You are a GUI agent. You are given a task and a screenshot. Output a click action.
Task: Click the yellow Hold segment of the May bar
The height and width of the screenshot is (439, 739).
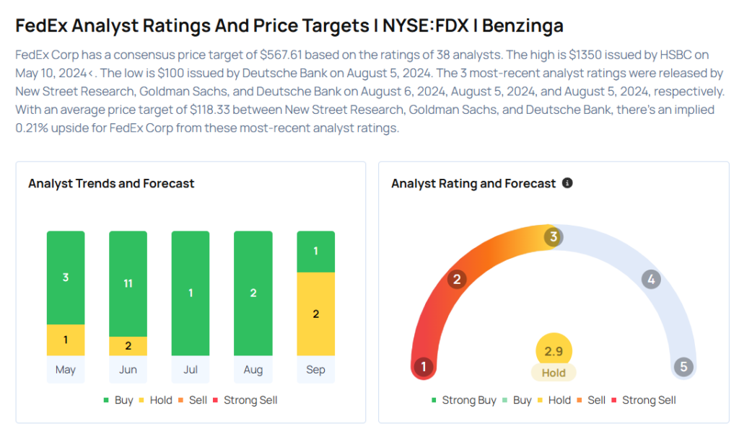tap(66, 340)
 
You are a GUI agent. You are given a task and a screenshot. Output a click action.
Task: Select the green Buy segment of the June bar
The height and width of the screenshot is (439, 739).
tap(128, 283)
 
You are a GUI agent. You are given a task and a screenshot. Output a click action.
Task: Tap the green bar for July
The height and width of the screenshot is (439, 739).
tap(191, 293)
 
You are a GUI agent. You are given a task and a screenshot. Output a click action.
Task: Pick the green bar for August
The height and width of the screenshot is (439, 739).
tap(253, 293)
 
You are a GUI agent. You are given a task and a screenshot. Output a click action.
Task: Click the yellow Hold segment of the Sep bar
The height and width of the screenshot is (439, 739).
tap(315, 314)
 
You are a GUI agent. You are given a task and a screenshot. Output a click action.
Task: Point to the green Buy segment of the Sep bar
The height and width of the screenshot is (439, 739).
tap(315, 252)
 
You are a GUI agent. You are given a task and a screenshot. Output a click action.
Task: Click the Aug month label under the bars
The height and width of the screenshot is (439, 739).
tap(253, 370)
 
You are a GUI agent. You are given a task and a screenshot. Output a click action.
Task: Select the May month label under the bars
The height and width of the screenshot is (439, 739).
tap(66, 370)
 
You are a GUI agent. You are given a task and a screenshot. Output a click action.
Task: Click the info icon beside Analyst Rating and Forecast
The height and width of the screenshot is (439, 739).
tap(567, 183)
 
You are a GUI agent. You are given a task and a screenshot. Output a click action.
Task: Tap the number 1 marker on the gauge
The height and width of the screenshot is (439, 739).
tap(424, 367)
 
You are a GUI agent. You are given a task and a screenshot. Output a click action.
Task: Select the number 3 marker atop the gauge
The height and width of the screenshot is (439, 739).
tap(554, 236)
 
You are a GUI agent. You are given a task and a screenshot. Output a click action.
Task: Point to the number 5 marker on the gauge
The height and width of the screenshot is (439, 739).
tap(683, 367)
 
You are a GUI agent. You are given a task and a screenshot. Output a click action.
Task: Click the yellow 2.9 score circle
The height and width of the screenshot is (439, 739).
tap(554, 352)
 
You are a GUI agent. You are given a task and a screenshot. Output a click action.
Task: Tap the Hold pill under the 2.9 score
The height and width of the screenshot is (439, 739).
tap(554, 373)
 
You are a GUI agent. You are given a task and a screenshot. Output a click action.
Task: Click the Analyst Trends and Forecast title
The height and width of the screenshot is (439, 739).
tap(111, 183)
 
